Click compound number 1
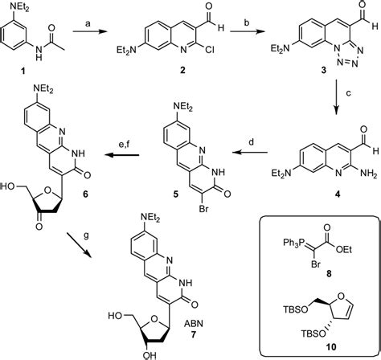tap(23, 71)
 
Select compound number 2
tap(182, 71)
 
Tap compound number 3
tap(324, 71)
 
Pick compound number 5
tap(175, 193)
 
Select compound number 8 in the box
tap(329, 273)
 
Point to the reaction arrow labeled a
tap(89, 32)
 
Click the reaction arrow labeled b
tap(247, 32)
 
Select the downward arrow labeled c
tap(337, 96)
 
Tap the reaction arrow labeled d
tap(250, 153)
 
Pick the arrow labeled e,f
tap(121, 155)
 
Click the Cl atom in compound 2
tap(210, 50)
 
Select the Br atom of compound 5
tap(204, 208)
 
